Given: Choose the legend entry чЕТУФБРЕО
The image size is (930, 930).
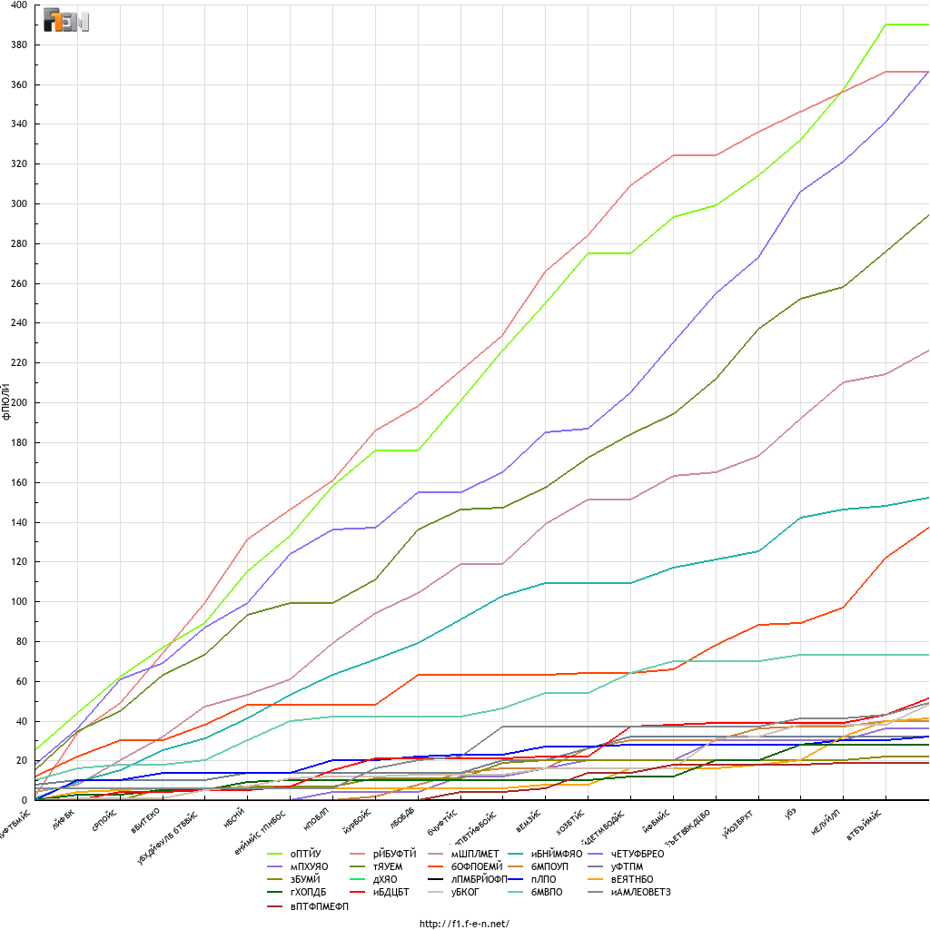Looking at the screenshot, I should pos(644,854).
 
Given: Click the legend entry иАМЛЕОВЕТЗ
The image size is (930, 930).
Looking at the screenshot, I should pos(641,893).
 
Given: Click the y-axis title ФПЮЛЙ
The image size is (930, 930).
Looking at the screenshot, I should pos(6,401).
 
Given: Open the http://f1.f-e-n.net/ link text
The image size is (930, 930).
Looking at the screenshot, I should pos(464,924).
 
